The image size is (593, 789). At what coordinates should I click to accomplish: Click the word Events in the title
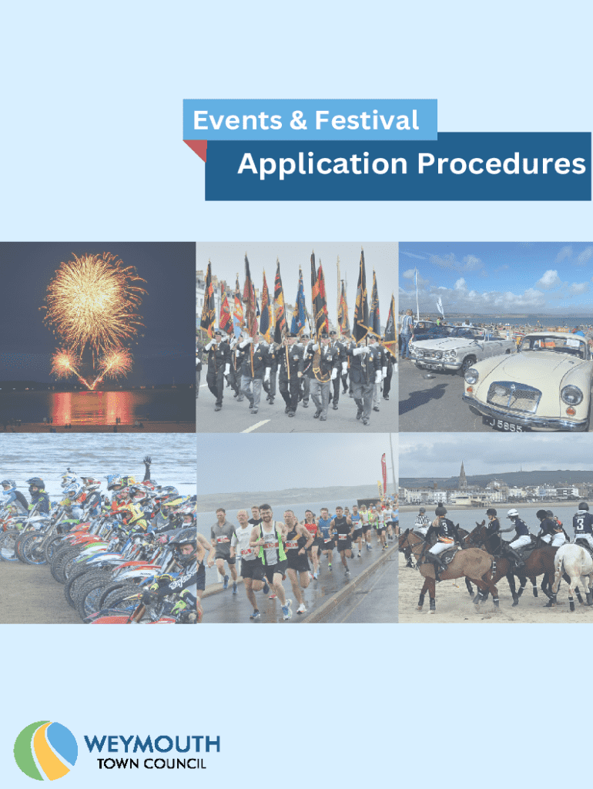point(237,120)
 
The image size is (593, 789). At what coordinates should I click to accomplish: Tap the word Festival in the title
point(367,120)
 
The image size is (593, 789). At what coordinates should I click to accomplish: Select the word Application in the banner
point(323,165)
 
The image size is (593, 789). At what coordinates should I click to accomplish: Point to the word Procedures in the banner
point(501,163)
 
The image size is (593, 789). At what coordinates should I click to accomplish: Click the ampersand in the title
point(298,121)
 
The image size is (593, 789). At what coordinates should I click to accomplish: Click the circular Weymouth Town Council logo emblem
point(45,750)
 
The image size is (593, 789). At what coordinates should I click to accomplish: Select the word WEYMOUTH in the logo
point(152,744)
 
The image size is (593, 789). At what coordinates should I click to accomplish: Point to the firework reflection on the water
point(92,407)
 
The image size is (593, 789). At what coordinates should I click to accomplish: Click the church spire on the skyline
point(462,475)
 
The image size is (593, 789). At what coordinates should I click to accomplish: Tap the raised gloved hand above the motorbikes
point(147,462)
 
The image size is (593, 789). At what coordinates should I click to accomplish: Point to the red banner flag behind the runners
point(384,472)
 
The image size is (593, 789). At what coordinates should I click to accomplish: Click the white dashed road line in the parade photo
point(256,426)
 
